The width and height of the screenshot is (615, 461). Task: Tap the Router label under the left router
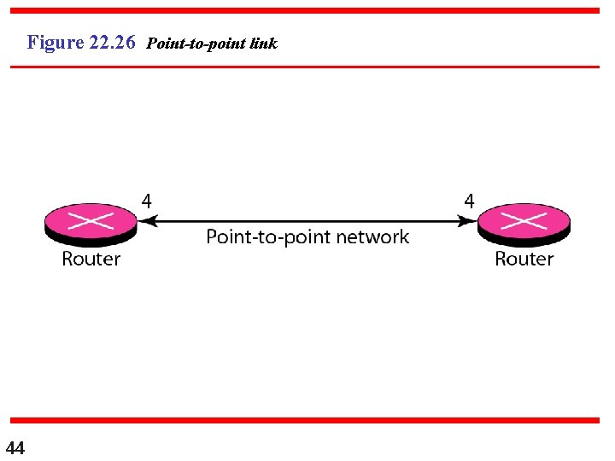point(91,259)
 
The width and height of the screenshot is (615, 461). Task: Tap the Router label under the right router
point(524,259)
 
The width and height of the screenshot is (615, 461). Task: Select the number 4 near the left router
point(148,201)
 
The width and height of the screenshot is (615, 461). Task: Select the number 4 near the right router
point(469,201)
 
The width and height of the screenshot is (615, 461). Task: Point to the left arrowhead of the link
point(146,221)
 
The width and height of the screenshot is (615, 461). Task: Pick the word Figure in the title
point(56,42)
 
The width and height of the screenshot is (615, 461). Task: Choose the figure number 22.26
point(112,42)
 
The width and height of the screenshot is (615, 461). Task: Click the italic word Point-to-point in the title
point(197,44)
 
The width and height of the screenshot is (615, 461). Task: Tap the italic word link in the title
point(264,44)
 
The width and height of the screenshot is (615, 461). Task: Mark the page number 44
point(15,447)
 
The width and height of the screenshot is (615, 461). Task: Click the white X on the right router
point(524,221)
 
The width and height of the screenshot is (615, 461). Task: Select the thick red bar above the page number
point(305,420)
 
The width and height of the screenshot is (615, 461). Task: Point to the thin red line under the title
point(305,67)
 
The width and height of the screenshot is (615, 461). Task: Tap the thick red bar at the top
point(305,11)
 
